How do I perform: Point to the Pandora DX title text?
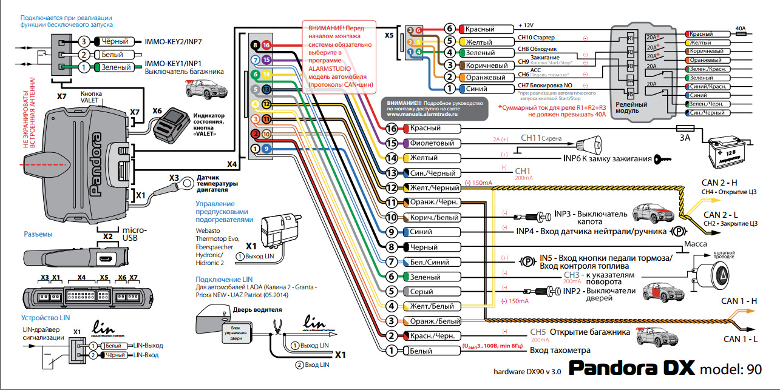pyautogui.click(x=631, y=368)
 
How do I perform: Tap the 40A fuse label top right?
pyautogui.click(x=740, y=28)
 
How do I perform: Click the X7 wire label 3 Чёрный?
pyautogui.click(x=114, y=42)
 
